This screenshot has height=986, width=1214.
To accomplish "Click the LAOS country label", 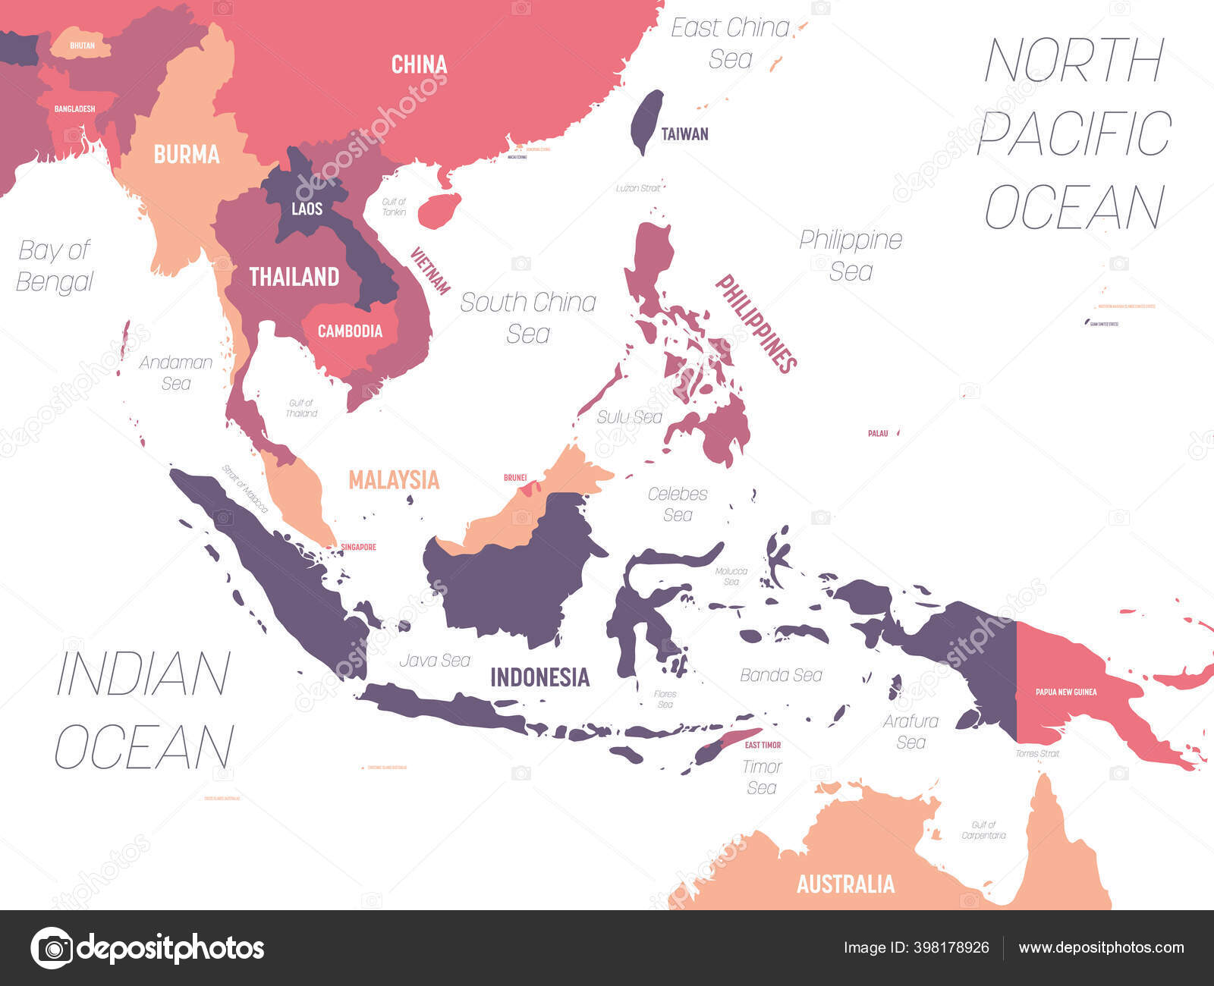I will [307, 209].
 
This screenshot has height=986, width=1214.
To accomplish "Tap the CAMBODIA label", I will [350, 331].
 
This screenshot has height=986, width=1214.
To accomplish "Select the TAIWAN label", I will [684, 134].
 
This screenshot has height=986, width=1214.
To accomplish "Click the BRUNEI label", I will [515, 478].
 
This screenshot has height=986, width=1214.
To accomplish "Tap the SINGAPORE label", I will [358, 547].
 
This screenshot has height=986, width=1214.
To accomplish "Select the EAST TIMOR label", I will [763, 745].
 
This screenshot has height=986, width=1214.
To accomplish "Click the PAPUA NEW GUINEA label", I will [1066, 692].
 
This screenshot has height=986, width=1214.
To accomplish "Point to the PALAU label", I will [878, 433].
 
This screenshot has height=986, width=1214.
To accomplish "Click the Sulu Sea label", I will [629, 417].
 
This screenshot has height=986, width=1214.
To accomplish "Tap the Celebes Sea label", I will [678, 504].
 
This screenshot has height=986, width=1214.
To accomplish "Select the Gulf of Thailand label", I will [301, 408].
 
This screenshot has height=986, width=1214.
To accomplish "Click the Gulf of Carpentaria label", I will [983, 830].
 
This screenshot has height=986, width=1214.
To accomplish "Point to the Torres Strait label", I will [1037, 753].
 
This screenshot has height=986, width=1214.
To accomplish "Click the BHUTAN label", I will [82, 46].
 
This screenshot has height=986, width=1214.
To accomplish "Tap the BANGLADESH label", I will [74, 109].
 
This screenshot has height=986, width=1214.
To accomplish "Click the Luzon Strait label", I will [637, 187].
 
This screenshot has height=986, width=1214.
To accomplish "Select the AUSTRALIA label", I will [845, 884].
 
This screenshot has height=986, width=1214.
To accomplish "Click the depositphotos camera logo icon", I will [52, 948].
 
